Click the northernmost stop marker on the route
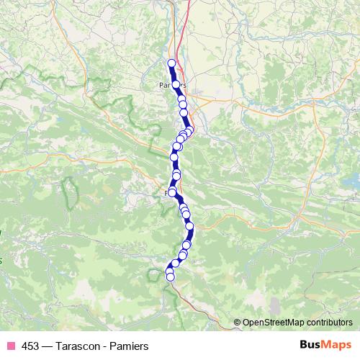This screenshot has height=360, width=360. point(171,63)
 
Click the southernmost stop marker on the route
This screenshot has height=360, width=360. point(171,276)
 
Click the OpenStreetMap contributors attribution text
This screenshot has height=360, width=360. point(298,322)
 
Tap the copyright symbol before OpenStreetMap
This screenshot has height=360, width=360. point(238,322)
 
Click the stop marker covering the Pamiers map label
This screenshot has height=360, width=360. point(176,84)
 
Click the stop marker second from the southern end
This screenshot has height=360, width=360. point(170,271)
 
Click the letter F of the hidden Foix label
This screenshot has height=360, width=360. point(168,193)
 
